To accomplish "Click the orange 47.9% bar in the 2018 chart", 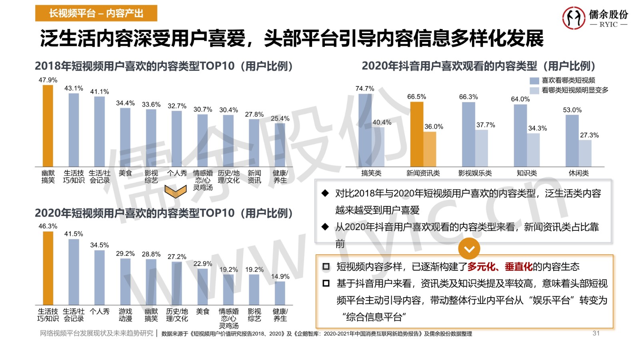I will [48, 126].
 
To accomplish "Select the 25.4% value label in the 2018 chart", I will [280, 118].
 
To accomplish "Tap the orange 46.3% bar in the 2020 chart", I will [48, 268].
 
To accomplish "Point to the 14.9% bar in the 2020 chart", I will [280, 293].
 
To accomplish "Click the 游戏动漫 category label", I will [125, 315].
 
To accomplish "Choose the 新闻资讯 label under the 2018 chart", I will [254, 176].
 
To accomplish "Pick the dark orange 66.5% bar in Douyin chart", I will [416, 134].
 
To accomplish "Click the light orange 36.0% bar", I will [430, 149].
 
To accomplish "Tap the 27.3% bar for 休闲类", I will [585, 153].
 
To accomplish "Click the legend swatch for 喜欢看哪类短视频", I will [534, 81].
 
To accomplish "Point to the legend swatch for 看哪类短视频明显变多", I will [534, 91].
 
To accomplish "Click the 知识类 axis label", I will [526, 173].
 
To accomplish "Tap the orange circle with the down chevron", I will [469, 249].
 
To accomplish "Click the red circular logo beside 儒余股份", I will [574, 18].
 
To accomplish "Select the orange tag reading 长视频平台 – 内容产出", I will [96, 14].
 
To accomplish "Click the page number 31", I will [596, 333].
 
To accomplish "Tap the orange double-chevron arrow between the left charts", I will [176, 191].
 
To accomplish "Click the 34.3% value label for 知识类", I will [537, 128].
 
